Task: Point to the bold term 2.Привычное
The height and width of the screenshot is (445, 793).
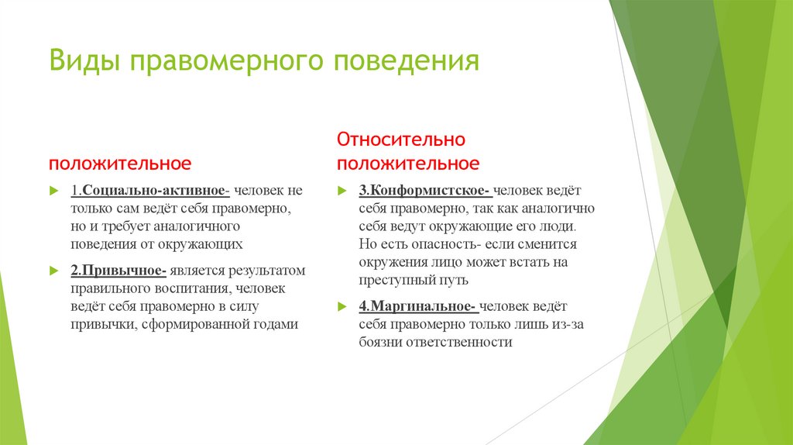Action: coord(118,271)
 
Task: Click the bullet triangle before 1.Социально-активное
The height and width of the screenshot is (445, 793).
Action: coord(53,191)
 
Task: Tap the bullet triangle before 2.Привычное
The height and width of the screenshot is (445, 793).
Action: coord(53,271)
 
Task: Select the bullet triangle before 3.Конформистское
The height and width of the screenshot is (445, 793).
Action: coord(342,191)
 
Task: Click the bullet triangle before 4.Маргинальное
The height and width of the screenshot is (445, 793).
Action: coord(342,306)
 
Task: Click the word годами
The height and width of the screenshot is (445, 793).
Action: coord(276,325)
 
